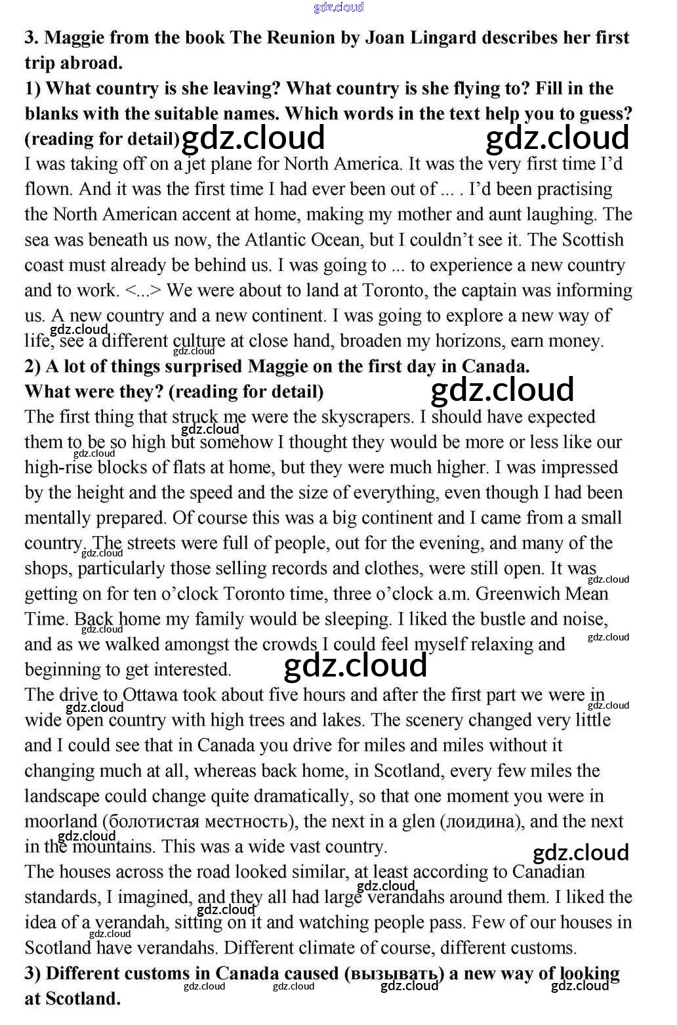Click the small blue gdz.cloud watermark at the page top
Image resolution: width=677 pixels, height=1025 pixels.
click(x=338, y=7)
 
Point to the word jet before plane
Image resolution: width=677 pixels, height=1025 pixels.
click(x=195, y=163)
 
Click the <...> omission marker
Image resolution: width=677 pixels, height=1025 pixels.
click(x=143, y=290)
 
